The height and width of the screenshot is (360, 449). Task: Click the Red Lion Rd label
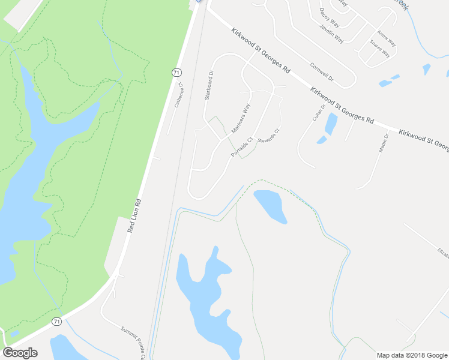[x=134, y=216]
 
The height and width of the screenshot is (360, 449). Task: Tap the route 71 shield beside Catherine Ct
[x=176, y=72]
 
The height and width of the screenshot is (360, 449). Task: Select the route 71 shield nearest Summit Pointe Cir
[x=56, y=322]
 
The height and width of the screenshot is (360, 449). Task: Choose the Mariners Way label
[x=240, y=119]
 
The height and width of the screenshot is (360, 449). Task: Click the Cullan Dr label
[x=319, y=113]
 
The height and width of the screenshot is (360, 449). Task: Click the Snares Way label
[x=380, y=49]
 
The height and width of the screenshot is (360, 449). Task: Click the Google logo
[x=20, y=353]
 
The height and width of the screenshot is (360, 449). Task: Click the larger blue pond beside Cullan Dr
[x=330, y=123]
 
